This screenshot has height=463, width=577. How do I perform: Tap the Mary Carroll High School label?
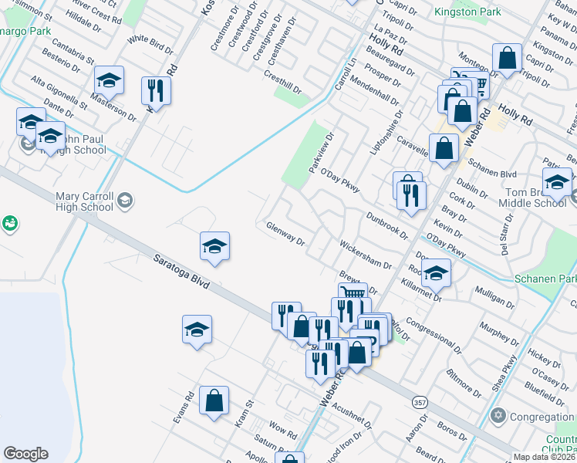click(85, 201)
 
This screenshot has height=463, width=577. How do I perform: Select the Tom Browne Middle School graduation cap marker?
click(556, 183)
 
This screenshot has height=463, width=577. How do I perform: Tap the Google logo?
click(25, 454)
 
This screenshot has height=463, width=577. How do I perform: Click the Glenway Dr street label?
click(285, 233)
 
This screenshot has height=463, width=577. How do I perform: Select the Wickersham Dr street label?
click(366, 254)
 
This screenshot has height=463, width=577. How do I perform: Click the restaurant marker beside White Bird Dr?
click(156, 90)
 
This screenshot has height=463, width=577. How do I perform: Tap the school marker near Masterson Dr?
click(110, 80)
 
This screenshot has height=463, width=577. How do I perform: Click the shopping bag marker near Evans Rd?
click(214, 400)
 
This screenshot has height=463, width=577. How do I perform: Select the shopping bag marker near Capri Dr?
click(507, 58)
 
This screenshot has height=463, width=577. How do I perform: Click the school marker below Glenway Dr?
click(214, 246)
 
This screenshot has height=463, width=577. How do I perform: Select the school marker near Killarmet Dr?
click(436, 272)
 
